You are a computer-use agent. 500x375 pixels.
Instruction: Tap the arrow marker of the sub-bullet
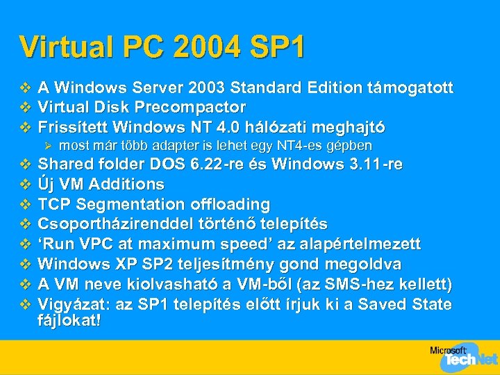(48, 146)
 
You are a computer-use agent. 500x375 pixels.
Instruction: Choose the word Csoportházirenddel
(111, 224)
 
